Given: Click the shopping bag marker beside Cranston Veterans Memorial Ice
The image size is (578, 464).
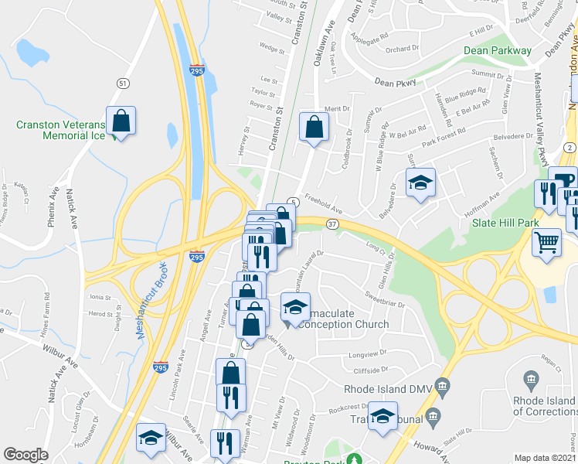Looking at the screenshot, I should coord(121,121).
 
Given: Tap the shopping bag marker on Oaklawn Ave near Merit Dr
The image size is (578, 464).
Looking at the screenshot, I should coord(314,128).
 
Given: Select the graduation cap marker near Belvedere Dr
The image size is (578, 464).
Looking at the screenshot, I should coord(420,183).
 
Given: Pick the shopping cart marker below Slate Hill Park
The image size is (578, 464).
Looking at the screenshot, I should coord(546,243).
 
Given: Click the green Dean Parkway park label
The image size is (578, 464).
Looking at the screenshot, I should coord(498,51).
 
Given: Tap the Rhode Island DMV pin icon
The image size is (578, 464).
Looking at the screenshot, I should coord(441,384).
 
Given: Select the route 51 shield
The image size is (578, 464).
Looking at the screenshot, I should coord(122,83).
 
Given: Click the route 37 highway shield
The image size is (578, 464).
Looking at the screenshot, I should coord(331,223).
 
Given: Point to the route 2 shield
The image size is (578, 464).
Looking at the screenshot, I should coord(569,147).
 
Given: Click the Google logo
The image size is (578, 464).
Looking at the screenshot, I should coord(25,455).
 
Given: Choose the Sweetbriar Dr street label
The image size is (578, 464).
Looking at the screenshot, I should coord(384,300).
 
